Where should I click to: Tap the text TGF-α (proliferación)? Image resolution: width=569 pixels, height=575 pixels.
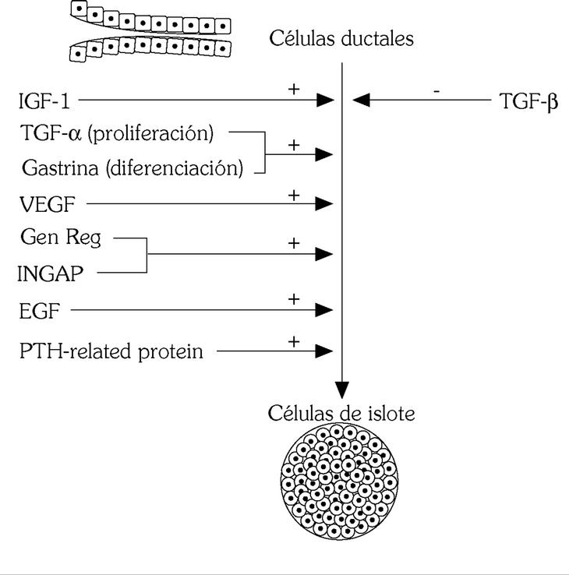click(x=117, y=133)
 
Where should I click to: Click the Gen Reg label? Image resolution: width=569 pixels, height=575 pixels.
click(x=62, y=238)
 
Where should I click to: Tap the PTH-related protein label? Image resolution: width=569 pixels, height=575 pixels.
click(x=111, y=351)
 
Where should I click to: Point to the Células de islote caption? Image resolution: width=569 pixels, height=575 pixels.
click(x=341, y=412)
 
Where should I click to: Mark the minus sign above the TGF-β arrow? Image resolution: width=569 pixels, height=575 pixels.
click(x=436, y=90)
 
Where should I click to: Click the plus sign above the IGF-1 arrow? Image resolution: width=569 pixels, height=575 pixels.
click(x=294, y=89)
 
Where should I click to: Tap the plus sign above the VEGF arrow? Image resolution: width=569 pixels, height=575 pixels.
click(x=294, y=194)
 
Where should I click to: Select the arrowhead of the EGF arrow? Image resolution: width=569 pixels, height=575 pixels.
click(x=324, y=310)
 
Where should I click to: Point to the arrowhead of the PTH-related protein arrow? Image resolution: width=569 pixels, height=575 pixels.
click(x=324, y=351)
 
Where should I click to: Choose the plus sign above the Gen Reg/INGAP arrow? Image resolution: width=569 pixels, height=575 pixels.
click(x=294, y=243)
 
